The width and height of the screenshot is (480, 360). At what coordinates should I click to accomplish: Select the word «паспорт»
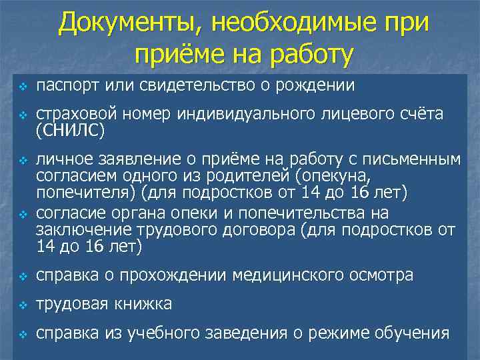64,86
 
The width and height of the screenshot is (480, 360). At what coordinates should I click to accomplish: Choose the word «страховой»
72,115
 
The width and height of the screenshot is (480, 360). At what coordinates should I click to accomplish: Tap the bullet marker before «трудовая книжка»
21,305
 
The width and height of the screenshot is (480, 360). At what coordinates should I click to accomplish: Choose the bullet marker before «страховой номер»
21,116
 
